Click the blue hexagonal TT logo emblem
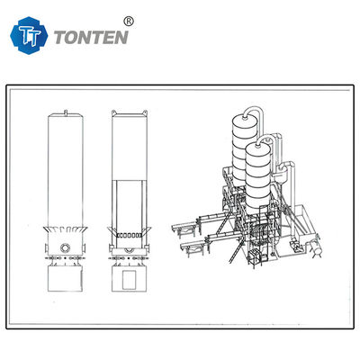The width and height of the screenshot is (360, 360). click(29, 36)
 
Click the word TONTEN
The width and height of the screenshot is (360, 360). click(92, 38)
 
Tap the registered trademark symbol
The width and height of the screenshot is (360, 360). click(129, 22)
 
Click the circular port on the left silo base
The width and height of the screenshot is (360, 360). click(65, 248)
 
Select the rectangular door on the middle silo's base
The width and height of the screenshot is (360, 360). click(129, 279)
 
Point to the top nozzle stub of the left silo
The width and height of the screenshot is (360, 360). click(66, 112)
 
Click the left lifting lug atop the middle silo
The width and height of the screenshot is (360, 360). click(113, 112)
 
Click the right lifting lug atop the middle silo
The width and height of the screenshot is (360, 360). click(145, 112)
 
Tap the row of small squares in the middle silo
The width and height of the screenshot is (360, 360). click(129, 236)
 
